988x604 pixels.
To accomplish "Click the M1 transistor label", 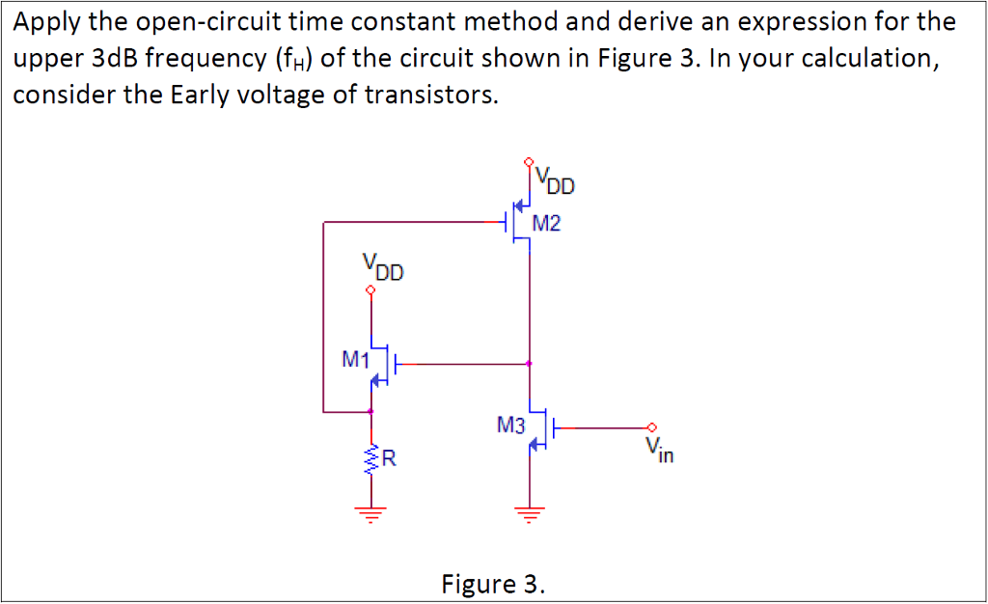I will [x=355, y=359].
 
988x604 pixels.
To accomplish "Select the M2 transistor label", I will [x=546, y=225].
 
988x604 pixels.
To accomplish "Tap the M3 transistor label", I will [x=510, y=423].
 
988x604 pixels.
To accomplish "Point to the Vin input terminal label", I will [x=660, y=449].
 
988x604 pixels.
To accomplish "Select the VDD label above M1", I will [x=383, y=267].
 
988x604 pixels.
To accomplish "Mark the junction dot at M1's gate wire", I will [x=529, y=365].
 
